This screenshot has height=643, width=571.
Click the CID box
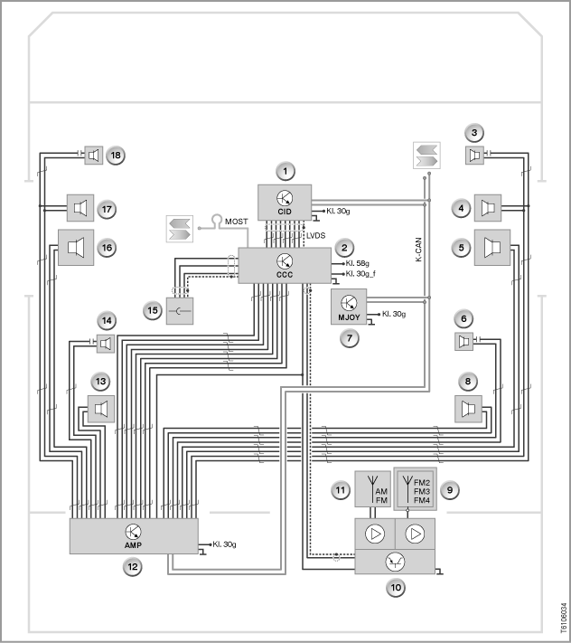pos(285,203)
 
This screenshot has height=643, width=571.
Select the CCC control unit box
pos(285,265)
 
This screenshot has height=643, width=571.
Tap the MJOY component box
pos(349,307)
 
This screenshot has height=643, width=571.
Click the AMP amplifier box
pos(134,536)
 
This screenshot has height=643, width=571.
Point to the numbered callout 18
pos(116,156)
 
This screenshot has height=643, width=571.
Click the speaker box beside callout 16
pos(76,247)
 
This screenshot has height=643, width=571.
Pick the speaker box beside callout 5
pos(491,247)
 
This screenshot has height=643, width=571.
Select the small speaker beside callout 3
pos(474,156)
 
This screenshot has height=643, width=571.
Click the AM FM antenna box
pos(372,489)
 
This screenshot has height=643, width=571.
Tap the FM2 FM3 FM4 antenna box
pos(415,489)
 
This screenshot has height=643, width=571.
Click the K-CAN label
pos(417,250)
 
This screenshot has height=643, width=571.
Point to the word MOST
pos(237,222)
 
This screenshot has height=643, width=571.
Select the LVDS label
pos(316,235)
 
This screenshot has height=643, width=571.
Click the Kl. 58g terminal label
pos(357,263)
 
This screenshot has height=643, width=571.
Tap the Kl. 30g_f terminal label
pos(360,273)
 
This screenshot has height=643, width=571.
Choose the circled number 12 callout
pos(132,567)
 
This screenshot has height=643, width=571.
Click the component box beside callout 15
pos(180,311)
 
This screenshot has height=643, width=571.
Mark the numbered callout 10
pos(396,588)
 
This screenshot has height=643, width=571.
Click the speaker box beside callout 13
pos(101,409)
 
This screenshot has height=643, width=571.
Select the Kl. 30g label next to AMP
pos(224,544)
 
